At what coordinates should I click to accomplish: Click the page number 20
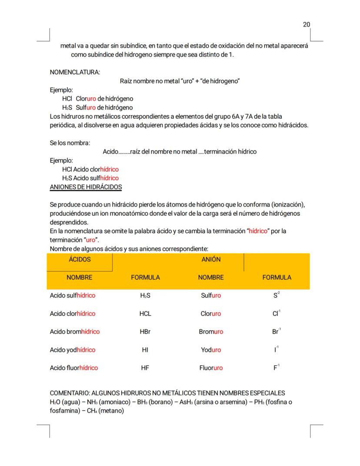point(307,24)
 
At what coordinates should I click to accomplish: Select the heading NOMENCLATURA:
point(75,72)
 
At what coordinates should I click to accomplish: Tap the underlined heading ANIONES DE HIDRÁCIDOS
point(86,187)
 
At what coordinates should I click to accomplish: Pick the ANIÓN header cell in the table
point(211,259)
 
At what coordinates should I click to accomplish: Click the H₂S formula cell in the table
point(145,295)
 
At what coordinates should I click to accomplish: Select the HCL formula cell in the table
point(145,314)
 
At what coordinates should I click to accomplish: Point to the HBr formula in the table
point(145,332)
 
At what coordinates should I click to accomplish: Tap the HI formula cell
point(145,350)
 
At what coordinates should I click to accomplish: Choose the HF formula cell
point(145,368)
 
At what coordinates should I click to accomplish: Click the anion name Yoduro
point(211,350)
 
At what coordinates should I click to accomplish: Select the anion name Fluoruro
point(211,368)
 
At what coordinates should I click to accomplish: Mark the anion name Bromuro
point(211,332)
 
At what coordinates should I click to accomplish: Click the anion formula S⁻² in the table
point(277,295)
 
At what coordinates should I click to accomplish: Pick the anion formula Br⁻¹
point(277,331)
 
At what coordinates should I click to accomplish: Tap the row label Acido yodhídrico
point(73,350)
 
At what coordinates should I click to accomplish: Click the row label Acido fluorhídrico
point(74,368)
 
